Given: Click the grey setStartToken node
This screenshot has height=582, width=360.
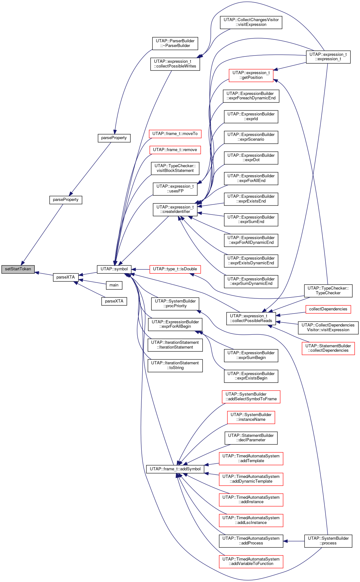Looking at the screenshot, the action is click(x=18, y=269).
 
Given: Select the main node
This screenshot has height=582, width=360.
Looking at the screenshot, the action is click(x=114, y=285).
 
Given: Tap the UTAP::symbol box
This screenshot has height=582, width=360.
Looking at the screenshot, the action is click(x=114, y=269).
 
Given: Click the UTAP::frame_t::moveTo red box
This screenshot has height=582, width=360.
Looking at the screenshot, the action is click(x=175, y=134).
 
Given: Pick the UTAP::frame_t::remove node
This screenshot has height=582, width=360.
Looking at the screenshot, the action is click(x=175, y=150).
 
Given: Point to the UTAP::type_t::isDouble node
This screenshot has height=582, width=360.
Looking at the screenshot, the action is click(x=175, y=269).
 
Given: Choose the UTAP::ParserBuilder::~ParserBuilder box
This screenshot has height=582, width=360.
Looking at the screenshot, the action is click(x=175, y=43).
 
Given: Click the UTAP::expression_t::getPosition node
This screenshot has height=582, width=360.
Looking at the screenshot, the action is click(x=251, y=75).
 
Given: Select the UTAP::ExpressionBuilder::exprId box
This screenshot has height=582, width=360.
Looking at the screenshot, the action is click(x=251, y=116).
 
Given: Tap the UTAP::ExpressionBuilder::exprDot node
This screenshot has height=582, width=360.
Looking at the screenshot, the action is click(x=251, y=158).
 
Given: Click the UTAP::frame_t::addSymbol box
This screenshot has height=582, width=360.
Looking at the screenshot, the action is click(x=175, y=469).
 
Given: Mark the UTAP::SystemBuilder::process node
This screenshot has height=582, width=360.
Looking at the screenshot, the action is click(x=328, y=541).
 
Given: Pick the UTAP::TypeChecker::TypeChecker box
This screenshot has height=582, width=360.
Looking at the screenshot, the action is click(x=328, y=291).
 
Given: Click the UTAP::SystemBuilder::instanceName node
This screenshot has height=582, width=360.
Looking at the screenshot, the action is click(x=251, y=417).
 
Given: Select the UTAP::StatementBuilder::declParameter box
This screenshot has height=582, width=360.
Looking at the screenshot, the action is click(x=251, y=438).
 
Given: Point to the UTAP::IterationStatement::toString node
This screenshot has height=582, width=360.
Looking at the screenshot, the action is click(x=175, y=365).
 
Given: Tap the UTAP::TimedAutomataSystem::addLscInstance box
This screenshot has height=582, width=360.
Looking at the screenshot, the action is click(x=251, y=520).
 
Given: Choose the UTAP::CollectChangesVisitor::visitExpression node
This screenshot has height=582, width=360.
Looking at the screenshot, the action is click(x=251, y=22).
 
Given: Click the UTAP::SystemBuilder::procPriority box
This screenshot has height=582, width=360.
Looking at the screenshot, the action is click(x=175, y=303).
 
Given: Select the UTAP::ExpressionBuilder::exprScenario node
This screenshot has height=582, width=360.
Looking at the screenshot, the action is click(x=251, y=137).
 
